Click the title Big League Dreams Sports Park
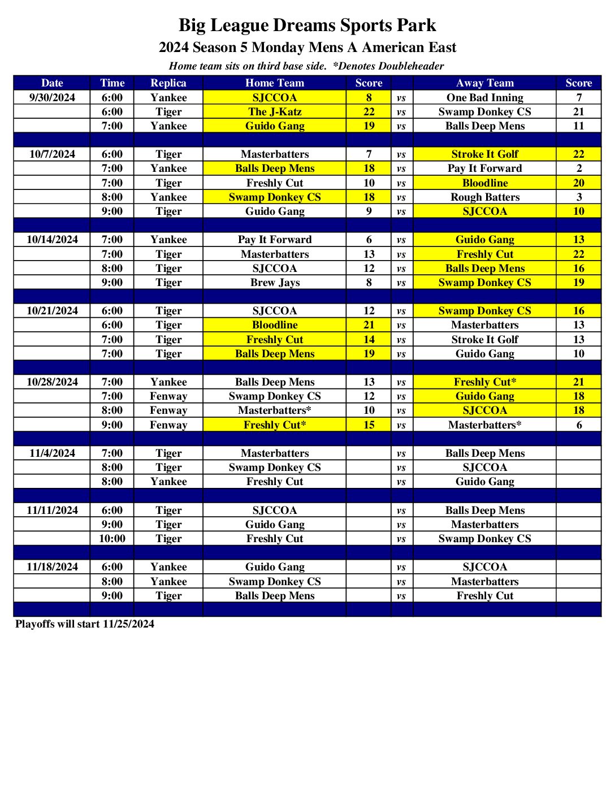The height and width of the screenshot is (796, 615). (x=307, y=25)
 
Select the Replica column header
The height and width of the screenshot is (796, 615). (x=168, y=83)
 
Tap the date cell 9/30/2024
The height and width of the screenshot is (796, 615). (x=52, y=98)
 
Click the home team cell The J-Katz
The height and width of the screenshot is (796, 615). (x=275, y=112)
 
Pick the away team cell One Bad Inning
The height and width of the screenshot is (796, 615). (x=485, y=98)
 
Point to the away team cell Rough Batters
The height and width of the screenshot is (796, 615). (x=485, y=197)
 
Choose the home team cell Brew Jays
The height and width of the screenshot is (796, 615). (x=275, y=283)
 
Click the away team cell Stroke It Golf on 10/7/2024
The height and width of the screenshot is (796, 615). (x=485, y=154)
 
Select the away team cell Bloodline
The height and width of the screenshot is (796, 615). (x=485, y=183)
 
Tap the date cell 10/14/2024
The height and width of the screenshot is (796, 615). (x=52, y=240)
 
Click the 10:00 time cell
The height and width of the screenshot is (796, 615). (x=112, y=539)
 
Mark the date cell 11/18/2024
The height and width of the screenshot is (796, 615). (x=52, y=567)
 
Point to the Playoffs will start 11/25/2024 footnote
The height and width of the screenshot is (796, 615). (x=85, y=624)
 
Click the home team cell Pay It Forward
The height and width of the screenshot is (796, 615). (x=275, y=240)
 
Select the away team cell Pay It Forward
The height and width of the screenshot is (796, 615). (x=485, y=168)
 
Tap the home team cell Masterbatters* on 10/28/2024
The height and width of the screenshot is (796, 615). (x=275, y=410)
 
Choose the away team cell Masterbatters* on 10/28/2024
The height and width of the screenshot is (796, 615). (x=485, y=425)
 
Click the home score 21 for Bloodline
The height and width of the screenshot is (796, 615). (x=369, y=325)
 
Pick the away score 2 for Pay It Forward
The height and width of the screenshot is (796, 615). (x=579, y=168)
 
